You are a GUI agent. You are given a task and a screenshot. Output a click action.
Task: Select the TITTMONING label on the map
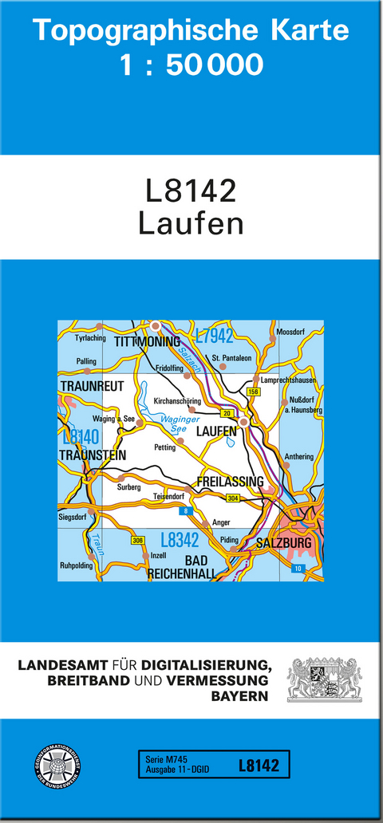(148, 341)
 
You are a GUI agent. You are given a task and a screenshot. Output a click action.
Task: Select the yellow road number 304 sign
(233, 498)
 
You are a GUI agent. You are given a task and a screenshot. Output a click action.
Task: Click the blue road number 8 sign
(186, 510)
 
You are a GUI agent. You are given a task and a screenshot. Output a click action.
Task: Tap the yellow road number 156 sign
(254, 392)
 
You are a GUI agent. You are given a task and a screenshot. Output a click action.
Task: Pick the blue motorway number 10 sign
(298, 567)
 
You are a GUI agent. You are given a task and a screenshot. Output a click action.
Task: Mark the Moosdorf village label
(290, 332)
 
